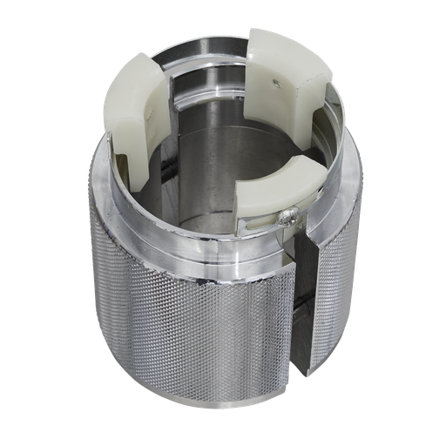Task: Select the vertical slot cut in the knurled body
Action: click(304, 305)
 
